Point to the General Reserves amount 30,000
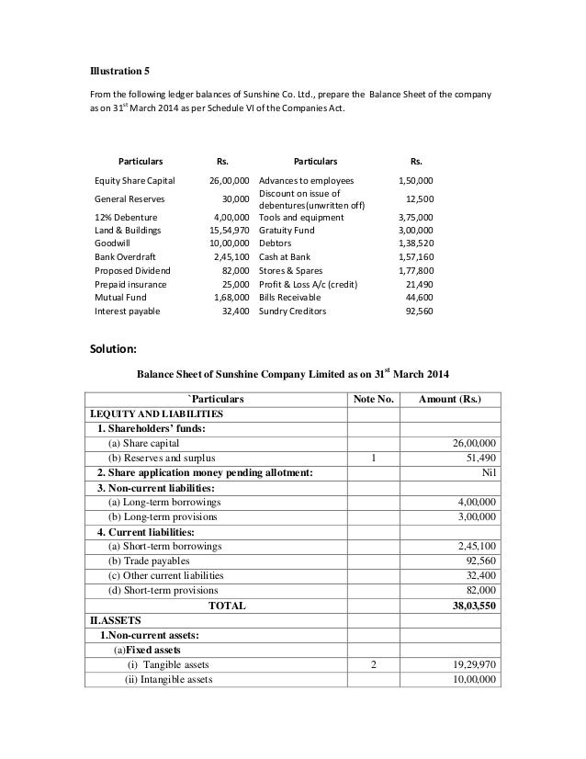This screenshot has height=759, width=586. pos(237,198)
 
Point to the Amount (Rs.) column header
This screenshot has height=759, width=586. pos(449,399)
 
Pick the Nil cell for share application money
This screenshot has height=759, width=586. pos(489,472)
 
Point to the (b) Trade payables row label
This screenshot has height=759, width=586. pos(150,561)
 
